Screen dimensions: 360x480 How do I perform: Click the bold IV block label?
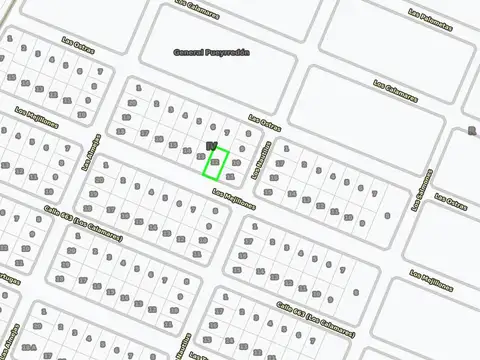tap(210, 146)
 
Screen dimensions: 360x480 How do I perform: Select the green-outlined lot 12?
tap(216, 163)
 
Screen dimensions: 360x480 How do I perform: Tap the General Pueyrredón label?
tap(211, 52)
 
